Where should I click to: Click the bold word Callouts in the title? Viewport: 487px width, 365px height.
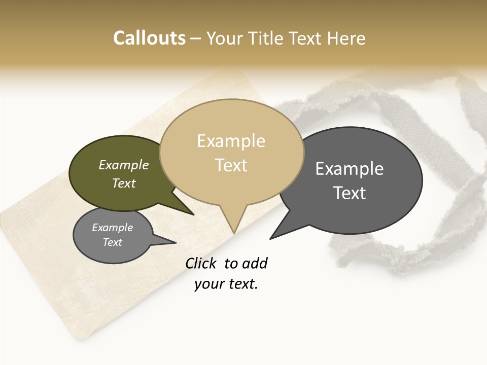[149, 38]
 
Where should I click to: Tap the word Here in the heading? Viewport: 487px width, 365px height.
[347, 38]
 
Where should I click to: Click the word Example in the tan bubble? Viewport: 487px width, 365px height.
[231, 141]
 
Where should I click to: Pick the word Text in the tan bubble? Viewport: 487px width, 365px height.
[231, 165]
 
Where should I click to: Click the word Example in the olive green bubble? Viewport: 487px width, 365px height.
[124, 165]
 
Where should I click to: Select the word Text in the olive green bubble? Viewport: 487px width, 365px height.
[124, 184]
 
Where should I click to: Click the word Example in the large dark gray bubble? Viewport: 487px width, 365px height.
[350, 169]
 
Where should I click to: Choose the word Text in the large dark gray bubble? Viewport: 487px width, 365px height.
[350, 193]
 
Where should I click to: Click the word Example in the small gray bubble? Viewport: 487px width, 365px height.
[112, 228]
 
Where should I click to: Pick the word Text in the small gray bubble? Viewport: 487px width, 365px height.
[112, 242]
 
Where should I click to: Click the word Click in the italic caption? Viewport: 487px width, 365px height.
[201, 263]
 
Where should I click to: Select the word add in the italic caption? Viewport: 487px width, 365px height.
[255, 263]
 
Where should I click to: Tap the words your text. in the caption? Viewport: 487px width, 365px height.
[226, 284]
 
